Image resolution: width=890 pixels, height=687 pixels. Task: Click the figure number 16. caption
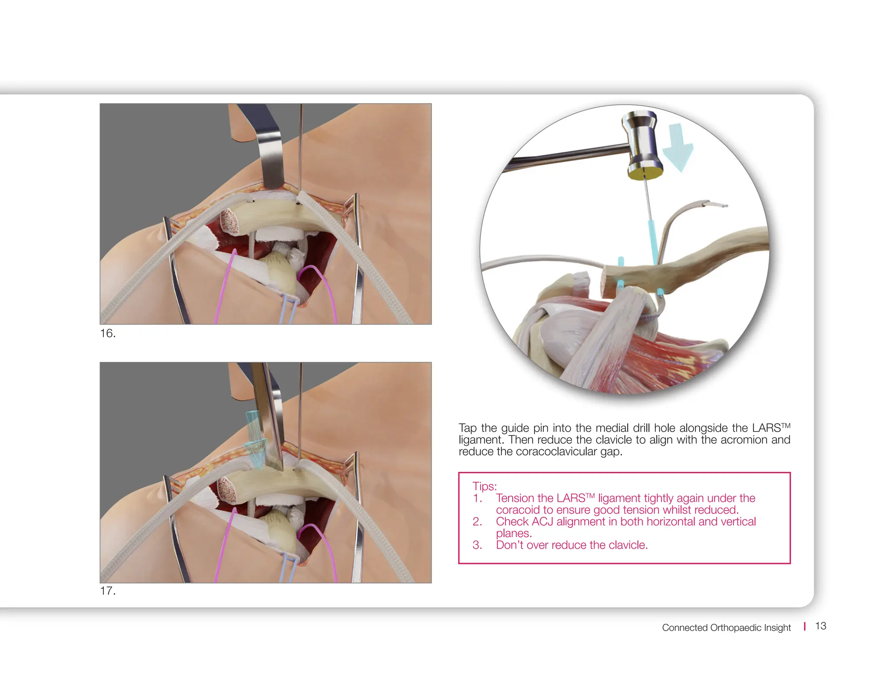(108, 333)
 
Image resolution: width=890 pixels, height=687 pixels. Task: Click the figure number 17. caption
(108, 591)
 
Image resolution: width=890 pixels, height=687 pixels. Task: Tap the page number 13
(820, 626)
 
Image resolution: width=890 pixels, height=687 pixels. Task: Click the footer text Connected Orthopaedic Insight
(726, 627)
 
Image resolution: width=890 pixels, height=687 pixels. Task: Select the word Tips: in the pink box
(485, 486)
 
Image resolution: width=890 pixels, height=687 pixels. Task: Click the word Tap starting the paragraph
(468, 428)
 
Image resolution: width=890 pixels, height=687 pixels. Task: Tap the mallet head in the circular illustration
(643, 143)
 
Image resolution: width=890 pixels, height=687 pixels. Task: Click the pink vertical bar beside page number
(805, 626)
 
